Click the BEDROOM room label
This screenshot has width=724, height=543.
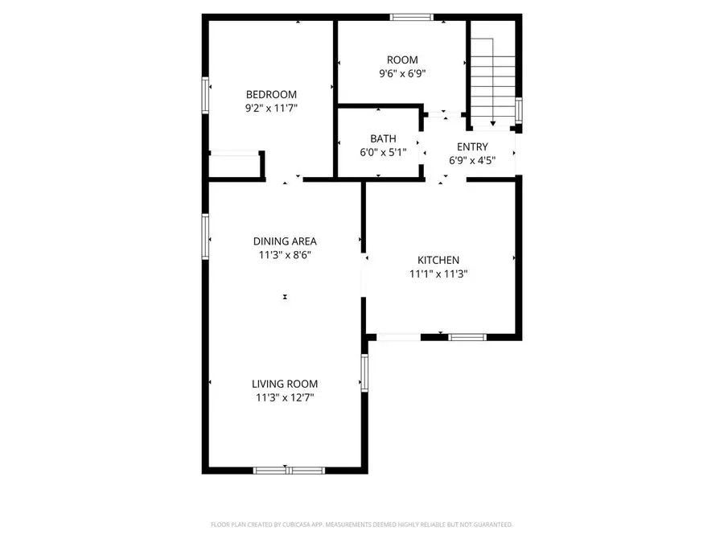[271, 94]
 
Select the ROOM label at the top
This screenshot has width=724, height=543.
[402, 60]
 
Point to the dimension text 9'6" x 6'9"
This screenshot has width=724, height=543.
[402, 73]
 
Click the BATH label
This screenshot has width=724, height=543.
[383, 138]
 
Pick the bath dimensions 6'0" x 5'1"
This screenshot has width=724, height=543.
[383, 151]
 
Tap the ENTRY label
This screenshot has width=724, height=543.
[472, 146]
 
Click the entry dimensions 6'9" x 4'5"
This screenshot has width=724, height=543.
[472, 159]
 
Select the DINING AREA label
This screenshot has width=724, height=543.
[285, 241]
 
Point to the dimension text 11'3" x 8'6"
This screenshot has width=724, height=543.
[285, 255]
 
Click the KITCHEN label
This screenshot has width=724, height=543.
[438, 260]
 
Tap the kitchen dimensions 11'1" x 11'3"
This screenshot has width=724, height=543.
[438, 274]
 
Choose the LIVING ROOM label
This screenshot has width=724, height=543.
[285, 384]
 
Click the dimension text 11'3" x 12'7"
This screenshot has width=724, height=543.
[285, 397]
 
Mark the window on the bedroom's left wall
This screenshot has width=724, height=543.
[206, 95]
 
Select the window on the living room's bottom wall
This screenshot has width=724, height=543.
[289, 470]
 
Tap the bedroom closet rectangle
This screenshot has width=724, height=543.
[235, 163]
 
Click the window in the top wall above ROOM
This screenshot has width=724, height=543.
[412, 17]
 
